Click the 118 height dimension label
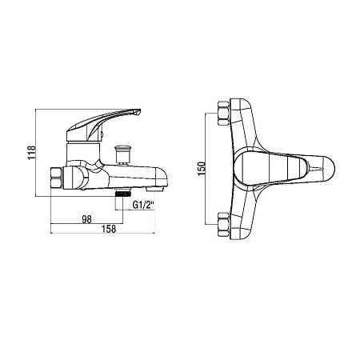click(x=32, y=153)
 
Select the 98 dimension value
click(x=86, y=219)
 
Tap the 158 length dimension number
click(x=109, y=229)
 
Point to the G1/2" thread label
click(x=144, y=205)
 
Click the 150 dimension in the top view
click(x=202, y=169)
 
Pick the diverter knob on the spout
click(x=122, y=154)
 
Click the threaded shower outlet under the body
click(x=123, y=193)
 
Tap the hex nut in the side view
click(x=56, y=178)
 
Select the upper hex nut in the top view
click(x=223, y=113)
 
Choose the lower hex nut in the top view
click(x=223, y=225)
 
